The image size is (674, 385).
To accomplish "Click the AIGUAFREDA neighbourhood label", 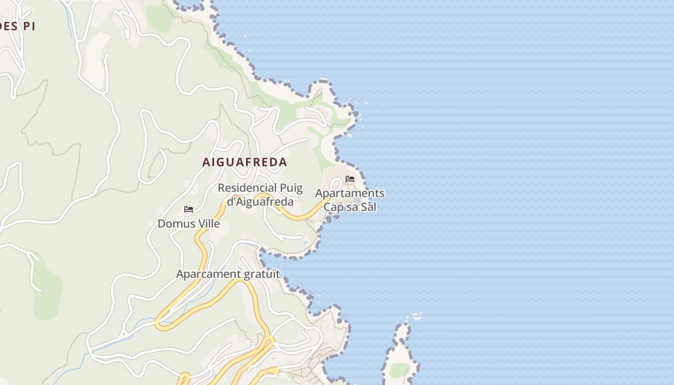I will (x=245, y=162).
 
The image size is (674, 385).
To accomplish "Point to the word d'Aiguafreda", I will (x=260, y=201).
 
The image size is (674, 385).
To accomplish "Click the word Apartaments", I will (x=350, y=193).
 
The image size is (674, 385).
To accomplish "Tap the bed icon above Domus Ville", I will (x=189, y=209).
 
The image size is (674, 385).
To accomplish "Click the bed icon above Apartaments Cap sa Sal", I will (x=350, y=180).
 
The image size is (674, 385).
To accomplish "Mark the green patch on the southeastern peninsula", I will (x=399, y=370).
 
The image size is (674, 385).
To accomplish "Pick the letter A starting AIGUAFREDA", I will (x=206, y=162).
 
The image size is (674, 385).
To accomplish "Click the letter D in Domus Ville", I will (x=162, y=224).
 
